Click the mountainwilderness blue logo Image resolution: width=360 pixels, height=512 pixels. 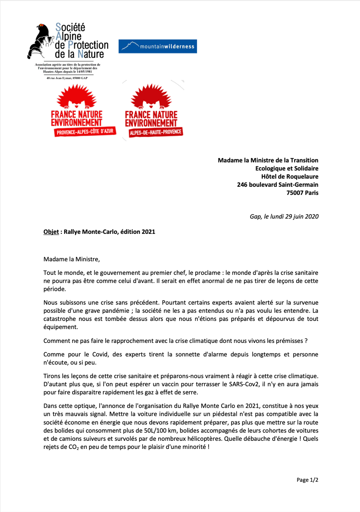point(157,46)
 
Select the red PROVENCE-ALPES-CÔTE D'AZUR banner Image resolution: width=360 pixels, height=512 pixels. point(85,132)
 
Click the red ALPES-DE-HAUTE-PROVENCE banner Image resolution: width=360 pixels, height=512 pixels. point(155,132)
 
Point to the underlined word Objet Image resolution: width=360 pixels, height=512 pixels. point(51,232)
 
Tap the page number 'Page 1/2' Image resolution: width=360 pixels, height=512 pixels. point(307,480)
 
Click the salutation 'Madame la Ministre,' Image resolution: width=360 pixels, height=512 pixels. point(71,259)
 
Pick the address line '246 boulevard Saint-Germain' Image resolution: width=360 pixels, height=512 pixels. point(277,185)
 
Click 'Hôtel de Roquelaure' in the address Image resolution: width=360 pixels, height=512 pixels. point(289,177)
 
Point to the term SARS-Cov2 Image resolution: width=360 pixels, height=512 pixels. point(244,384)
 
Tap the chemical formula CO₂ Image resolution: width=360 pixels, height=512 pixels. point(73,447)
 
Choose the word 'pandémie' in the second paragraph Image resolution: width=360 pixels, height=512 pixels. point(114,311)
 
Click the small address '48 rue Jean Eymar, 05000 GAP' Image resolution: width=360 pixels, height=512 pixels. point(67,78)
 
